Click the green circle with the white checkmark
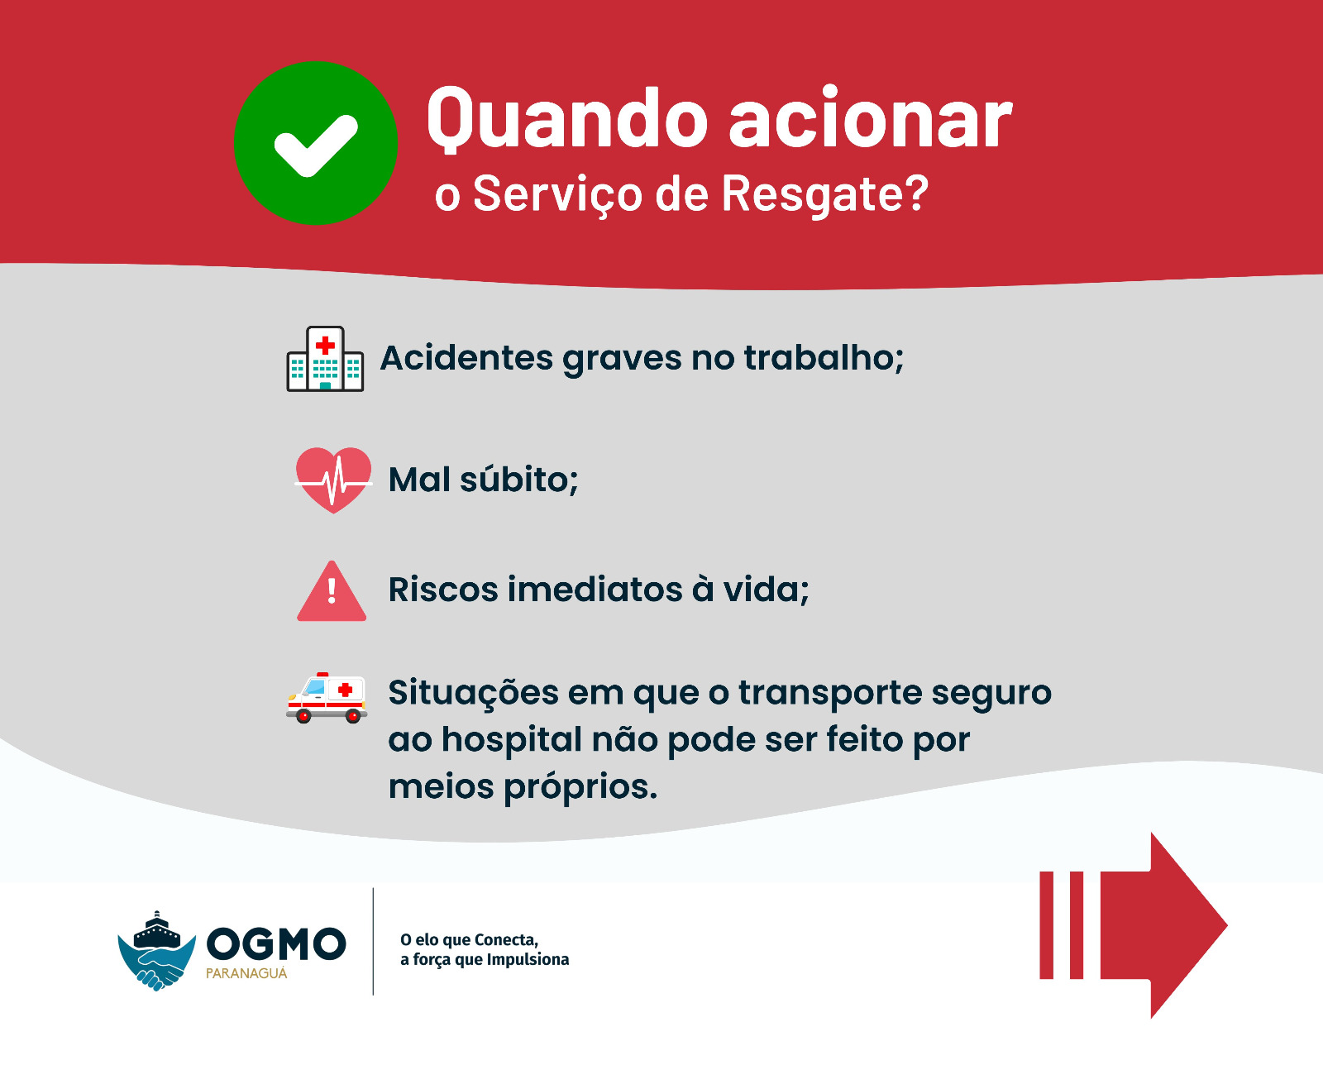pos(315,143)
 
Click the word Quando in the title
pos(567,119)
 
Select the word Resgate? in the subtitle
pos(824,195)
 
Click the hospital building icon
pos(325,359)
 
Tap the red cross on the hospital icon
pos(325,346)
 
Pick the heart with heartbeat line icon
pos(333,480)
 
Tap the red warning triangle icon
pos(332,591)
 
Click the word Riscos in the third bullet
pos(443,590)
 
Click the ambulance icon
pos(327,698)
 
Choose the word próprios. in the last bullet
pos(580,787)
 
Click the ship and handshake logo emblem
pos(157,951)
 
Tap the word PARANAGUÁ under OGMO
pos(246,974)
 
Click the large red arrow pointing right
pos(1133,925)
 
